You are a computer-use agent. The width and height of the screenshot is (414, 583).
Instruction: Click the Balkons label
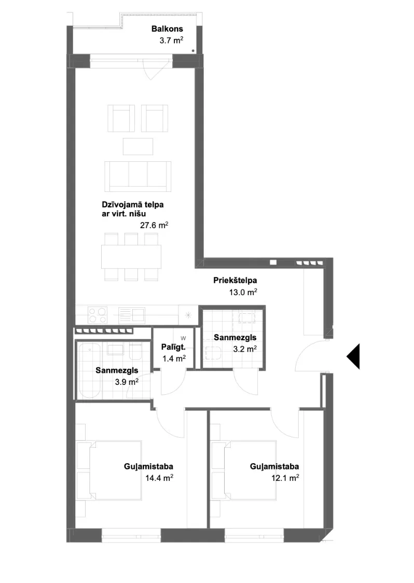pyautogui.click(x=167, y=29)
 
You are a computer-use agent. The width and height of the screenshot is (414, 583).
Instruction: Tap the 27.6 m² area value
pyautogui.click(x=154, y=225)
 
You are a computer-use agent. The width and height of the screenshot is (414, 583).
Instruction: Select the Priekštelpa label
pyautogui.click(x=235, y=280)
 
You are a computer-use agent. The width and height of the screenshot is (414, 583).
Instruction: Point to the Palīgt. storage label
pyautogui.click(x=173, y=347)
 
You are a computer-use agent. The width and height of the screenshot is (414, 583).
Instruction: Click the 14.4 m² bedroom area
pyautogui.click(x=159, y=478)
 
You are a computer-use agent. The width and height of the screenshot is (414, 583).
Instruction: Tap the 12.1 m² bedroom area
pyautogui.click(x=285, y=478)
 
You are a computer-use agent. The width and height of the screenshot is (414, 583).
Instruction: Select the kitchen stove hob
pyautogui.click(x=98, y=314)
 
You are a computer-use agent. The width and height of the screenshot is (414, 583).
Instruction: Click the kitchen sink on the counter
pyautogui.click(x=132, y=314)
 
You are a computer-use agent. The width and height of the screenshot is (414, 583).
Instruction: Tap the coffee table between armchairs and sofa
pyautogui.click(x=138, y=146)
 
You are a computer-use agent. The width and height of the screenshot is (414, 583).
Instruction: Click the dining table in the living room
pyautogui.click(x=131, y=257)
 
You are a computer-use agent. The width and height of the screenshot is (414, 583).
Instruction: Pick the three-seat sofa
pyautogui.click(x=138, y=176)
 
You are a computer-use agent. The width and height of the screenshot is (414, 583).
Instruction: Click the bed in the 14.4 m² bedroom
pyautogui.click(x=115, y=470)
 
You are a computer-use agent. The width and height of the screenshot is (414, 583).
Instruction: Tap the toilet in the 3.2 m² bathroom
pyautogui.click(x=213, y=353)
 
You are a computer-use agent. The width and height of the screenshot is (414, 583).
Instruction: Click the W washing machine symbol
pyautogui.click(x=183, y=338)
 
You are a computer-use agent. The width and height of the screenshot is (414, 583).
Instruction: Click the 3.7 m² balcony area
pyautogui.click(x=172, y=40)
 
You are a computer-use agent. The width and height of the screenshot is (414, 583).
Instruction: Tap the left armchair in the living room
pyautogui.click(x=121, y=118)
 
